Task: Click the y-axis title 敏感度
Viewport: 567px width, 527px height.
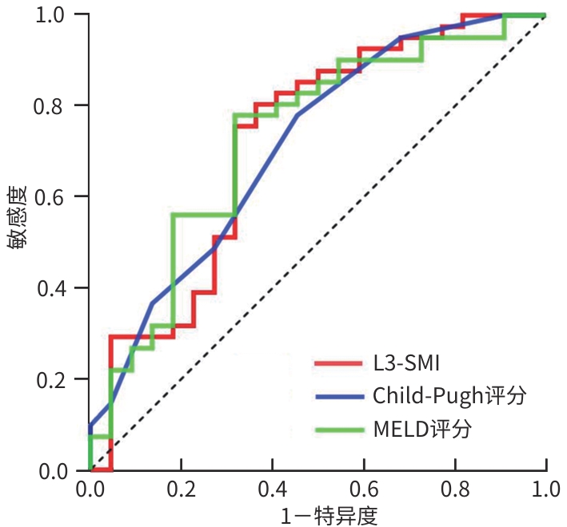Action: (x=18, y=218)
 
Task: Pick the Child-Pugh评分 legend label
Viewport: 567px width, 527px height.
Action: (x=449, y=396)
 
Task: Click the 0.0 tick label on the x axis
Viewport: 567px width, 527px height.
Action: (x=90, y=488)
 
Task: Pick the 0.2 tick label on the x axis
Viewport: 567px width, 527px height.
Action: (x=182, y=488)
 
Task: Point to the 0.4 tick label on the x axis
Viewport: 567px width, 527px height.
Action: (x=273, y=488)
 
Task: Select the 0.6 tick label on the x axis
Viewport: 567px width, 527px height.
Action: (x=364, y=488)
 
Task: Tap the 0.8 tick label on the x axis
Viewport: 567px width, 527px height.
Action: (x=455, y=488)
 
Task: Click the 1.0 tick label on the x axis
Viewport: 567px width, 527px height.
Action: (x=546, y=488)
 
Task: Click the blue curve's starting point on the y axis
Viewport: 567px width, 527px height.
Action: (x=91, y=426)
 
